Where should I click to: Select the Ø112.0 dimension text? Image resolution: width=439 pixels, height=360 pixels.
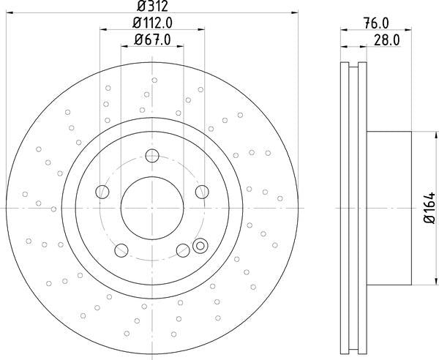pyautogui.click(x=152, y=23)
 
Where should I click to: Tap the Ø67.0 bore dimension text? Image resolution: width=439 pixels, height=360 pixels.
pyautogui.click(x=152, y=40)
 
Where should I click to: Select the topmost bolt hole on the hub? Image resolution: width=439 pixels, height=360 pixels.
pyautogui.click(x=151, y=155)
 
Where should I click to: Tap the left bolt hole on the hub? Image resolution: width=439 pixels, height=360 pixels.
pyautogui.click(x=102, y=192)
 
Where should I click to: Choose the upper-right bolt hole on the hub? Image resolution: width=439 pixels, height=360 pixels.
pyautogui.click(x=201, y=192)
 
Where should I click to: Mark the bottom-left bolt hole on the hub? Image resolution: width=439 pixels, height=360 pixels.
pyautogui.click(x=121, y=250)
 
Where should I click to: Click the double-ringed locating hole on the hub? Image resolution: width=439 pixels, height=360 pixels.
pyautogui.click(x=199, y=247)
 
